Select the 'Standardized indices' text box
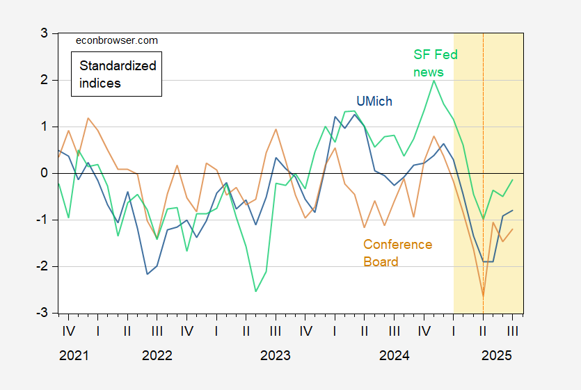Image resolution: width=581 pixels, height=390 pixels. click(x=116, y=74)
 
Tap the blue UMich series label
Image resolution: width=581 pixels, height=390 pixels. click(x=374, y=101)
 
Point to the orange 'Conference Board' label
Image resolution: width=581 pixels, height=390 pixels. click(x=397, y=253)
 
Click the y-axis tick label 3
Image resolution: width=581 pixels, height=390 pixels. click(x=42, y=33)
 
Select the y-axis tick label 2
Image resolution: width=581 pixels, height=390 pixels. click(x=42, y=80)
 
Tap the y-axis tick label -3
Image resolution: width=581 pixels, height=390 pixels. click(x=40, y=314)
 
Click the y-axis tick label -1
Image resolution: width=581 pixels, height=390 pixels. click(x=40, y=220)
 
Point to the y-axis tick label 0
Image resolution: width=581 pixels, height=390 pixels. click(x=42, y=173)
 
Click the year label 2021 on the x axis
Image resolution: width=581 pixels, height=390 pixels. click(x=74, y=356)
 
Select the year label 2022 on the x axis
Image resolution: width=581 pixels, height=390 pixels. click(x=157, y=356)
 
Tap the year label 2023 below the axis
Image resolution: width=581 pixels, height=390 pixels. click(x=275, y=356)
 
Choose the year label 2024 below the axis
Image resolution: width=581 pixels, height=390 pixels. click(x=394, y=356)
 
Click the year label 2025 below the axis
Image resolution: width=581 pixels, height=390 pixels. click(x=498, y=356)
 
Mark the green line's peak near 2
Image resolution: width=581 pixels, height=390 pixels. click(x=434, y=81)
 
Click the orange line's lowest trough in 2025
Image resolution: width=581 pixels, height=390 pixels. click(x=483, y=296)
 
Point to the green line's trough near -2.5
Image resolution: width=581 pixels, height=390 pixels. click(x=256, y=291)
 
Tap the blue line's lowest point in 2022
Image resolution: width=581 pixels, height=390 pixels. click(x=148, y=274)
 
